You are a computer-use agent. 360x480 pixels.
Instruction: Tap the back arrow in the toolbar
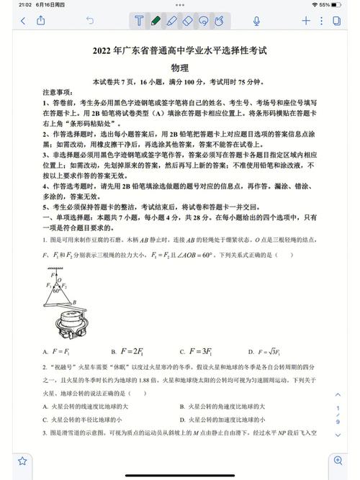pyautogui.click(x=23, y=21)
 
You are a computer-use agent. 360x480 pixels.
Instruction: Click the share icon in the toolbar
pyautogui.click(x=41, y=21)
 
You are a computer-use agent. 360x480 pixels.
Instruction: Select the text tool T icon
pyautogui.click(x=139, y=21)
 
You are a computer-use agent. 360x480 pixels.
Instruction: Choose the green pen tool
pyautogui.click(x=156, y=21)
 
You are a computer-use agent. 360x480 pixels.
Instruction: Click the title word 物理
pyautogui.click(x=179, y=68)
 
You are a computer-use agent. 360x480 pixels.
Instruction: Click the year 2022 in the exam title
pyautogui.click(x=103, y=51)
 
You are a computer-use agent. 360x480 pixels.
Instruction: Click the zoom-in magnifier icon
pyautogui.click(x=336, y=461)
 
